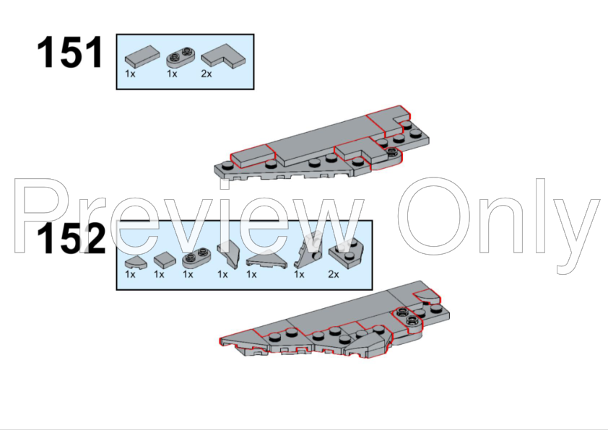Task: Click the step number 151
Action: [x=70, y=52]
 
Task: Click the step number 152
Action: [x=71, y=239]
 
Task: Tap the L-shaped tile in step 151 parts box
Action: [x=223, y=57]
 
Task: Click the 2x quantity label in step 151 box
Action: [x=207, y=74]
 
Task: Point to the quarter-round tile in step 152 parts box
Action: [x=136, y=263]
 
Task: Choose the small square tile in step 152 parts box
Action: [x=165, y=259]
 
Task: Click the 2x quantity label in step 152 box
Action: [x=334, y=274]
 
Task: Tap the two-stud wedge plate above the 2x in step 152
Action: [x=347, y=253]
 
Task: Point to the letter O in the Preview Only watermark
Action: [x=433, y=216]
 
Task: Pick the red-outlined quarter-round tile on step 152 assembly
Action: [x=427, y=298]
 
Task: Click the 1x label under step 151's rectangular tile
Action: [x=130, y=74]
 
